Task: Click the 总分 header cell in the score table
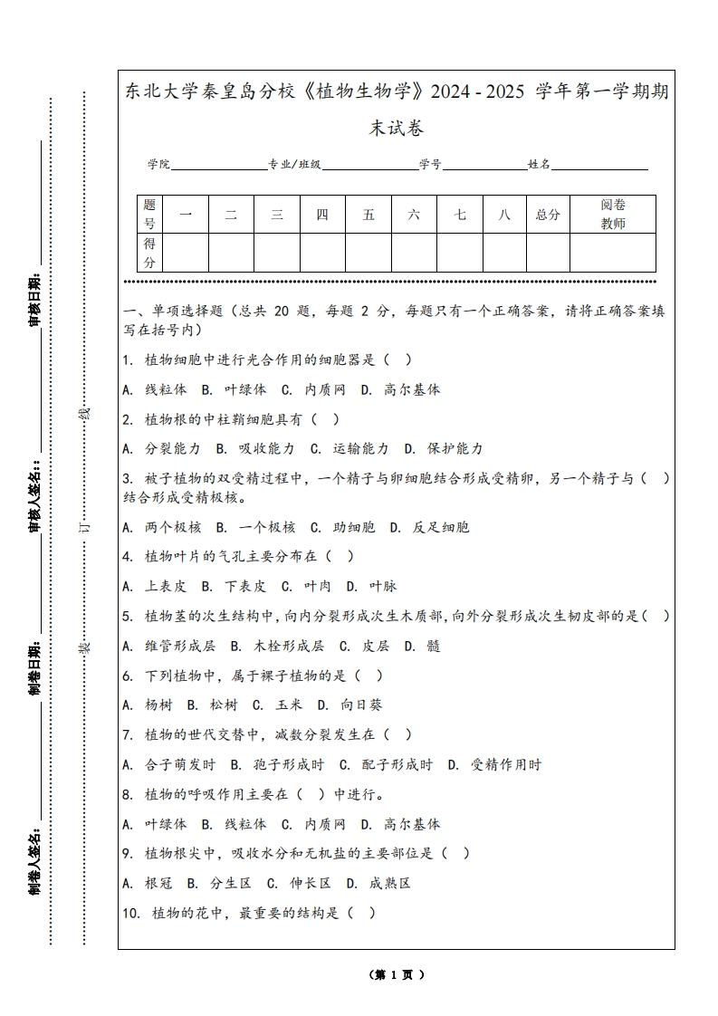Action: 548,215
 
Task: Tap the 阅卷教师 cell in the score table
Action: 613,215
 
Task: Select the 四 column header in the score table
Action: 322,215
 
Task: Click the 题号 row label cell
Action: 150,215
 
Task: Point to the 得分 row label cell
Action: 150,253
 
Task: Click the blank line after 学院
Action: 218,166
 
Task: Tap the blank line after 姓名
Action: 599,166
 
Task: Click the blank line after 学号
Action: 484,166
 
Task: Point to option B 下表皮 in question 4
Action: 234,586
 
